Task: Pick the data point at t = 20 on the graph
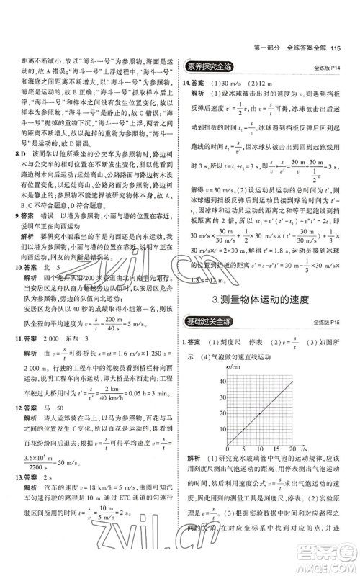292,380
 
